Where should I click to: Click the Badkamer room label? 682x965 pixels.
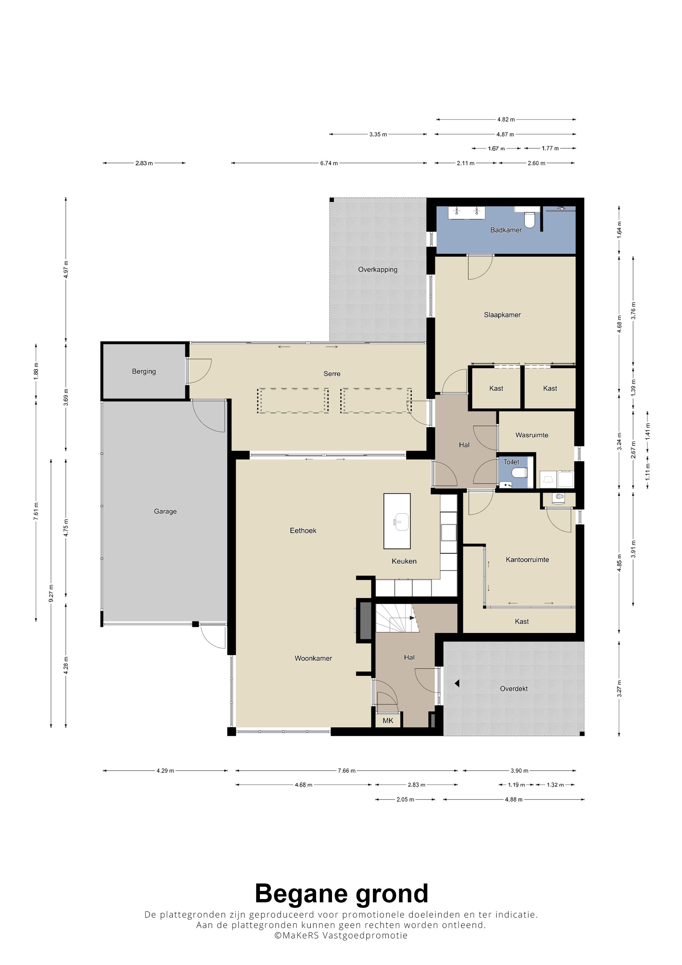pyautogui.click(x=506, y=230)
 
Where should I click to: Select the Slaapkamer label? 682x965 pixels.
pyautogui.click(x=502, y=315)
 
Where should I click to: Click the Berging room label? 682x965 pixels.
pyautogui.click(x=144, y=372)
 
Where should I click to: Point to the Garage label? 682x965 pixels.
pyautogui.click(x=165, y=512)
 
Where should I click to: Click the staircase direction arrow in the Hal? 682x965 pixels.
pyautogui.click(x=412, y=617)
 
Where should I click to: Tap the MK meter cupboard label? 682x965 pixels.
pyautogui.click(x=388, y=720)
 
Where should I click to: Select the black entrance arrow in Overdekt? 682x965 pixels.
pyautogui.click(x=457, y=684)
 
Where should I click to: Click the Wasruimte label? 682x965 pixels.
pyautogui.click(x=532, y=435)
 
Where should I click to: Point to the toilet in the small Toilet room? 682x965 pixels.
pyautogui.click(x=520, y=473)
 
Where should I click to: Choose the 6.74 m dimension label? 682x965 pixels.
pyautogui.click(x=329, y=163)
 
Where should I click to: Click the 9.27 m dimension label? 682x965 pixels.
pyautogui.click(x=51, y=593)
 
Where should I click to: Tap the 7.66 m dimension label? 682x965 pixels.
pyautogui.click(x=347, y=770)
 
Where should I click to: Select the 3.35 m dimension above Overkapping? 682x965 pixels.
pyautogui.click(x=378, y=134)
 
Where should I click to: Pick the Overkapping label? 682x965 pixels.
pyautogui.click(x=377, y=269)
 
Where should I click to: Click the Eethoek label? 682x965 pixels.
pyautogui.click(x=303, y=530)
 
